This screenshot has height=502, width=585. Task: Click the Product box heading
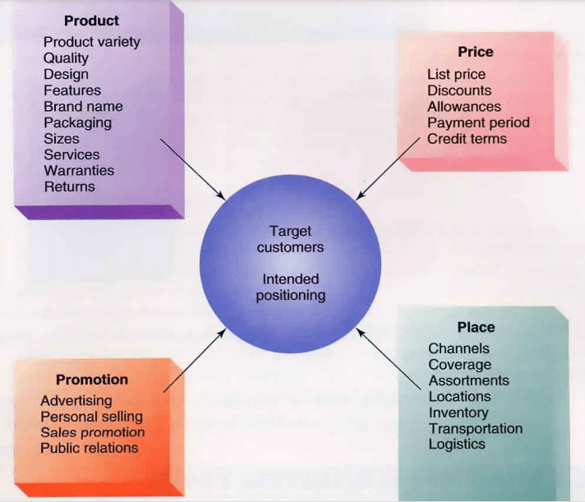coord(91,21)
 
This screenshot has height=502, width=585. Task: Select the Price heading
coord(475,52)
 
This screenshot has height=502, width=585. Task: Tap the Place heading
coord(476,327)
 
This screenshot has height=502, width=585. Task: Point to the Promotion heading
coord(91,380)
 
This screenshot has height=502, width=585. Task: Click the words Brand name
coord(83,106)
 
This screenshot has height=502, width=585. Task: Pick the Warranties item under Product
coord(79,170)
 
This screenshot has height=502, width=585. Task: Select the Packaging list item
coord(77,122)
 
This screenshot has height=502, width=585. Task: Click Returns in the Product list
coord(69,187)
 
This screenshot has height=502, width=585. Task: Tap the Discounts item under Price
coord(459,90)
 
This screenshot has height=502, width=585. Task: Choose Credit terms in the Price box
coord(467,139)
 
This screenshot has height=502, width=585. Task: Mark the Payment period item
coord(478,122)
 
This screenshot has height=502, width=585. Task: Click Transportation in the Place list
coord(475,428)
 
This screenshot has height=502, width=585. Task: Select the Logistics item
coord(457,444)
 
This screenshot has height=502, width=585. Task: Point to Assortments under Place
coord(468,380)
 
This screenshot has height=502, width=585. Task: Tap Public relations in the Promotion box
coord(89,448)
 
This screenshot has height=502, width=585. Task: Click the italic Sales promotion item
coord(92,432)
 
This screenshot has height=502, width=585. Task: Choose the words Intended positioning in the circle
coord(290,288)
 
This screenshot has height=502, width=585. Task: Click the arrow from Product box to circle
coord(193,168)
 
